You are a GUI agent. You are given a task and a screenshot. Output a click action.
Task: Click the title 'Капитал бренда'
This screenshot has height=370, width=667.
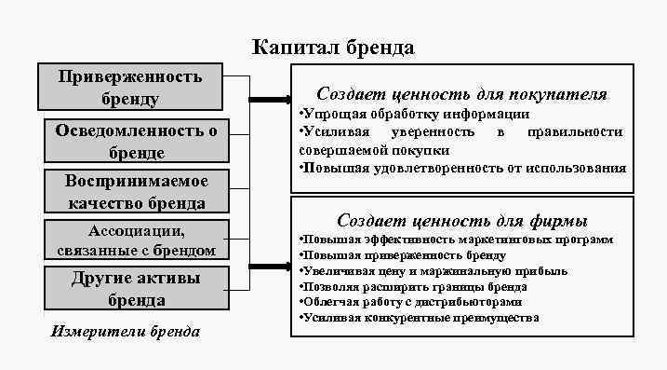pos(334,48)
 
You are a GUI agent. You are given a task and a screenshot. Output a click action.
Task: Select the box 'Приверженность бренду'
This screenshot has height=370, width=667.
pos(131,87)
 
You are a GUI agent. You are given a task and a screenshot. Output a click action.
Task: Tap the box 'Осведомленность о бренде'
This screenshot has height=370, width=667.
pos(136,141)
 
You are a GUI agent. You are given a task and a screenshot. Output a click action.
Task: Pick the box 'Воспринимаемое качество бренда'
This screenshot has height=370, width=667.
pos(136,191)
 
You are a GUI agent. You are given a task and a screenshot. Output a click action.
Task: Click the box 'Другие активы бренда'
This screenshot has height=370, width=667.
pos(136,289)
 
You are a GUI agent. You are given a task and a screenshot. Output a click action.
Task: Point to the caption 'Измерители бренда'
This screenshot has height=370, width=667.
pos(126,332)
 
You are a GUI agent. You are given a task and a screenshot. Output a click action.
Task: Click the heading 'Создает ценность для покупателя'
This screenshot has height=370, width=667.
pos(461,94)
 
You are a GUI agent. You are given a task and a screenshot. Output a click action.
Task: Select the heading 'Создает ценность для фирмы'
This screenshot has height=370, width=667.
pos(461,221)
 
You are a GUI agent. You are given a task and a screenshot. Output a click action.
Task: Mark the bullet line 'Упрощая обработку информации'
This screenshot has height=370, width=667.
pos(414,114)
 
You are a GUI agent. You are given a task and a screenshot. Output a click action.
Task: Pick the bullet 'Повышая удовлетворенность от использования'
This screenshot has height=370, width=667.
pos(462,168)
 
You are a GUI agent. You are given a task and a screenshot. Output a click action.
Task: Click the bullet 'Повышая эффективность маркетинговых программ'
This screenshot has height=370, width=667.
pos(456,240)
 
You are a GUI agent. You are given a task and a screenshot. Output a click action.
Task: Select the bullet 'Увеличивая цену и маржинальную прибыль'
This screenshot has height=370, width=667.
pos(434,271)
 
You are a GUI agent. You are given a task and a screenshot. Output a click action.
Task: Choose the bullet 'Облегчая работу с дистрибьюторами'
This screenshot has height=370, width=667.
pos(410,302)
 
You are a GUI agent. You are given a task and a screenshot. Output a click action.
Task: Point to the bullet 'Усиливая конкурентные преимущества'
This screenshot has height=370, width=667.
pos(420,318)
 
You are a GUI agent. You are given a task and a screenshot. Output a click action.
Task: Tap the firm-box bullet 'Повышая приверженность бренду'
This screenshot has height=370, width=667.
pos(403,255)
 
